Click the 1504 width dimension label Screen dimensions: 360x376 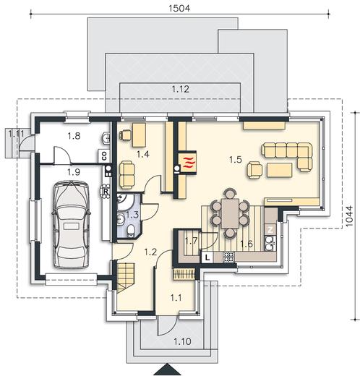click(x=179, y=8)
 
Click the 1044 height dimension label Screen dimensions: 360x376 click(x=349, y=215)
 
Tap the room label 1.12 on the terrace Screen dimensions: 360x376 click(x=181, y=89)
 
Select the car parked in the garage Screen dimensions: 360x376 click(x=71, y=225)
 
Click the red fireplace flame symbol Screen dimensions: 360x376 click(x=189, y=162)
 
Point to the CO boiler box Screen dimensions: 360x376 click(x=104, y=155)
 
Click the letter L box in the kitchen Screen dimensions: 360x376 click(x=207, y=257)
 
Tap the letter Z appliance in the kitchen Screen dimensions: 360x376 click(x=270, y=230)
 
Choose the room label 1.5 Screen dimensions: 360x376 click(x=236, y=160)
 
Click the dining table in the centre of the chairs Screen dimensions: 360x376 click(x=230, y=213)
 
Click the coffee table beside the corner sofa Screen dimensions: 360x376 click(x=280, y=170)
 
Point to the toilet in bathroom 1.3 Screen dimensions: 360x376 click(x=131, y=231)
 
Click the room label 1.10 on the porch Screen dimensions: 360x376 click(x=182, y=341)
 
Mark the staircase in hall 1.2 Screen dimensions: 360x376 click(x=126, y=278)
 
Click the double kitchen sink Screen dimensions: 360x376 click(x=270, y=243)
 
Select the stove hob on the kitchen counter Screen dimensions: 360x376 click(x=228, y=257)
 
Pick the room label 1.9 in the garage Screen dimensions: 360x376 click(x=74, y=172)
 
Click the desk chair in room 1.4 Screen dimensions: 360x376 click(x=125, y=134)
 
